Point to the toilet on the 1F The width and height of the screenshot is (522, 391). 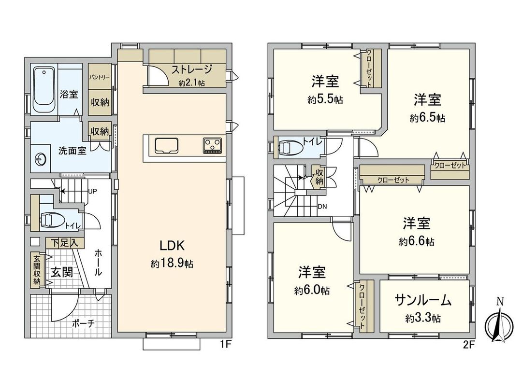pyautogui.click(x=52, y=220)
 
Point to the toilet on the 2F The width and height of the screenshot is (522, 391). pyautogui.click(x=291, y=147)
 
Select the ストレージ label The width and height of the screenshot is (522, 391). pyautogui.click(x=191, y=70)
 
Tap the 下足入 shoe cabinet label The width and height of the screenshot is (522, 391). pyautogui.click(x=65, y=242)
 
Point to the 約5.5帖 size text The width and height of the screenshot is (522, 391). pyautogui.click(x=324, y=100)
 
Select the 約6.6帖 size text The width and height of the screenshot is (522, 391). pyautogui.click(x=417, y=242)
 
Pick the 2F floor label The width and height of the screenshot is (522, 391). pyautogui.click(x=468, y=345)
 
